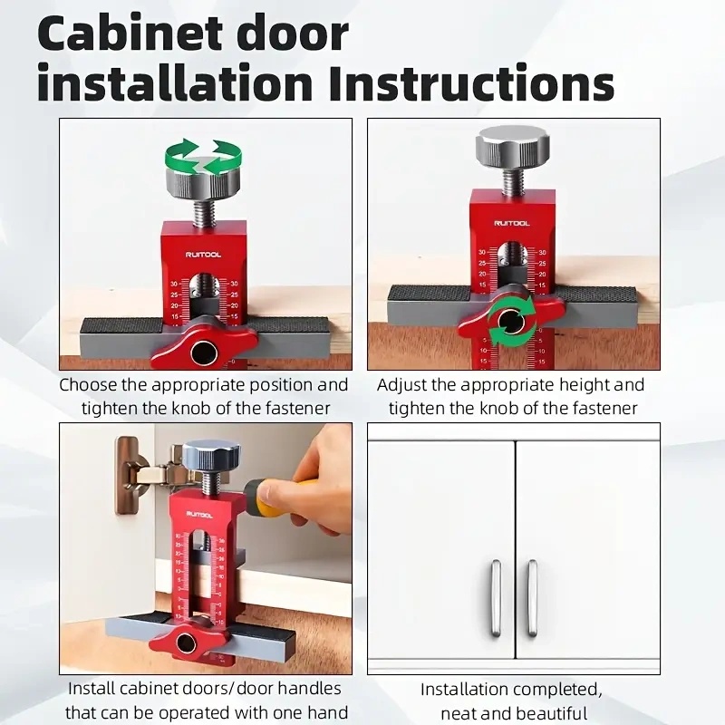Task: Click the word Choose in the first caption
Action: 92,384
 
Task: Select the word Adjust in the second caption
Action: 403,384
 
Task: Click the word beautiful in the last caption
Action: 543,713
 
